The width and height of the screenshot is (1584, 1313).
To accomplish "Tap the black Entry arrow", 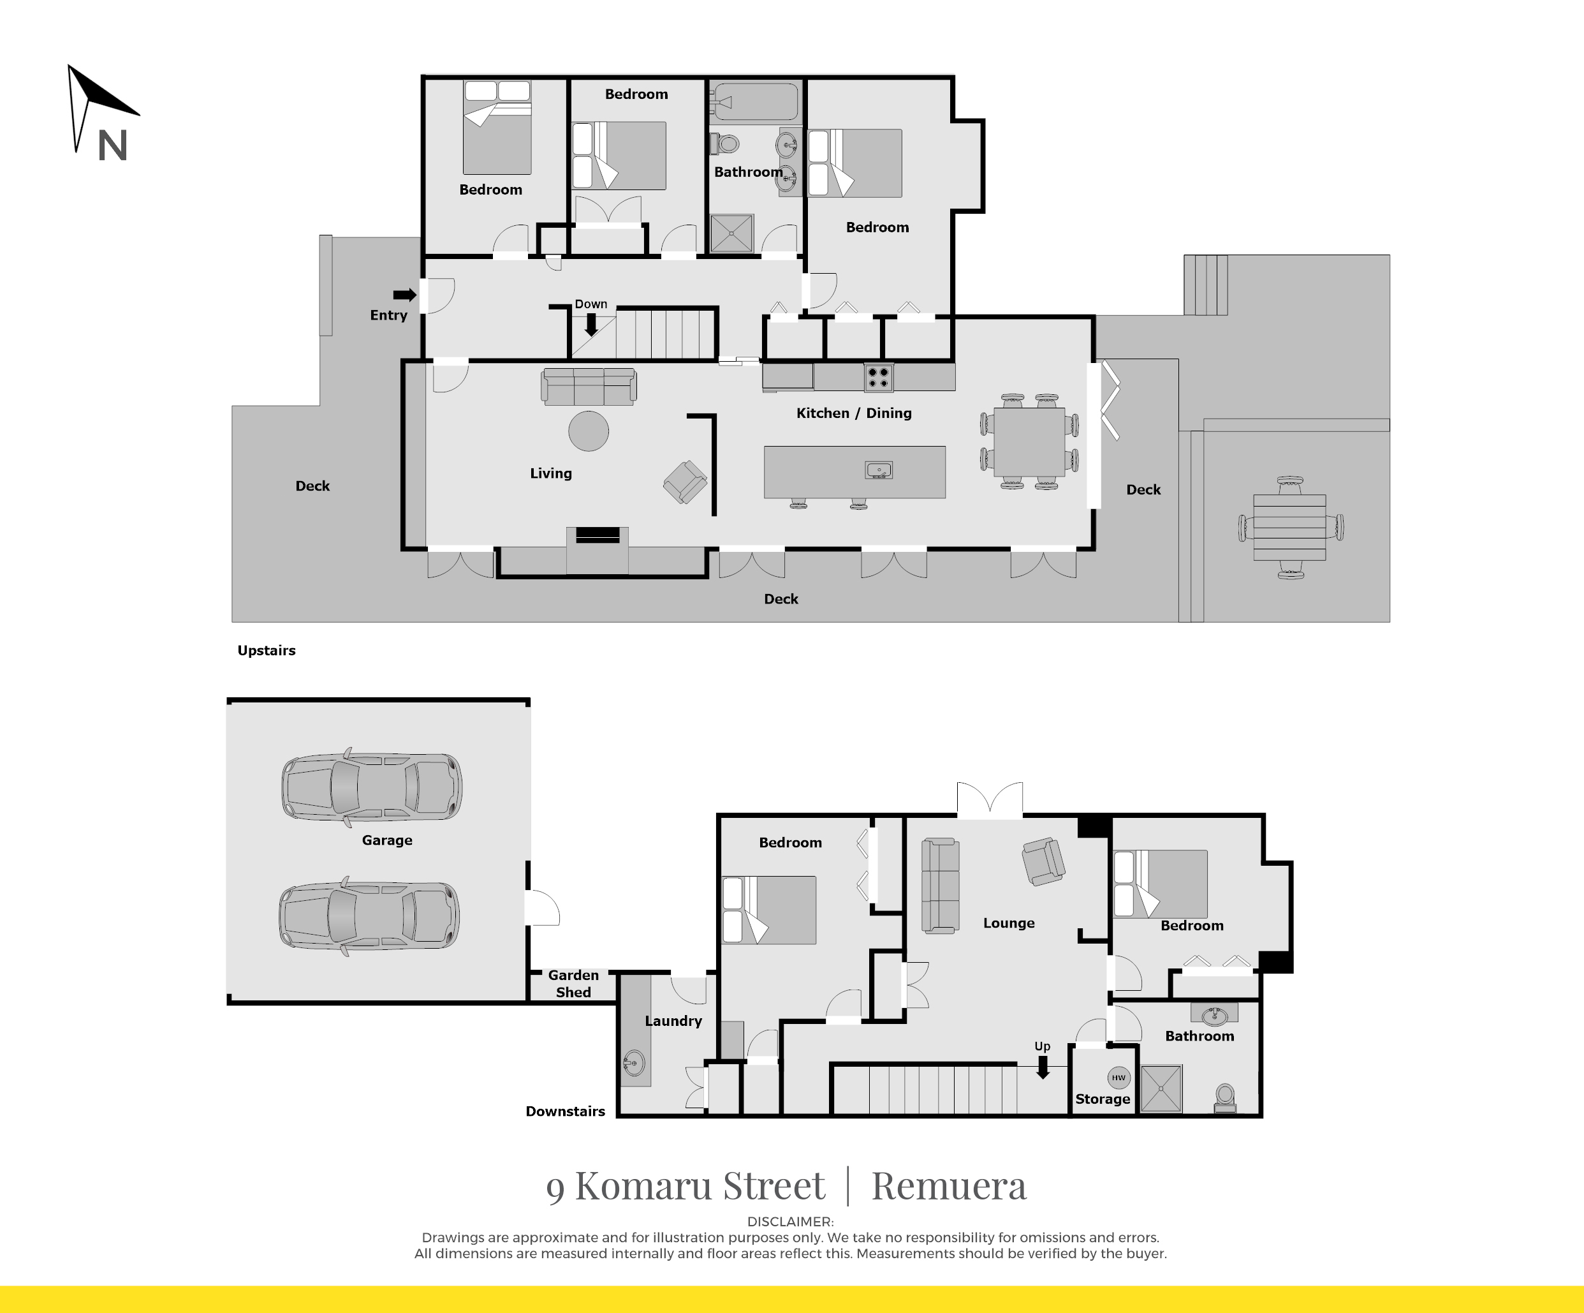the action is (x=405, y=295).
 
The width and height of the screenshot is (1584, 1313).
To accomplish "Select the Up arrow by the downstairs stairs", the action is (x=1043, y=1067).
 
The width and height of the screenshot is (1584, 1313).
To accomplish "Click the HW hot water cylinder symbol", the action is (x=1118, y=1078).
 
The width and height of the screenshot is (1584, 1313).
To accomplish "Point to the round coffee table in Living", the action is (x=589, y=431).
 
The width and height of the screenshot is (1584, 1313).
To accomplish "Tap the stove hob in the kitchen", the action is (x=878, y=377).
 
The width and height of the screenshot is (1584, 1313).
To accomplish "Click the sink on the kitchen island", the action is (x=879, y=470).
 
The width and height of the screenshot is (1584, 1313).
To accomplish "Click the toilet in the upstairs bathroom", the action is (x=725, y=143).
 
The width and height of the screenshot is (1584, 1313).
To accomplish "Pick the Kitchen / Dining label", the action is (x=854, y=413).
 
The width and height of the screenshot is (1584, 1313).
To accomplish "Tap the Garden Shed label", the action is (x=573, y=983).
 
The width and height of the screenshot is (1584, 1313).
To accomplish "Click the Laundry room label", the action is (x=673, y=1021).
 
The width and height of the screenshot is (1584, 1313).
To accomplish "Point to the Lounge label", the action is (x=1008, y=923).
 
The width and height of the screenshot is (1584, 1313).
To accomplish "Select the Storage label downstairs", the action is (x=1102, y=1099).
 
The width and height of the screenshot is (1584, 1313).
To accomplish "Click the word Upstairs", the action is (x=267, y=651).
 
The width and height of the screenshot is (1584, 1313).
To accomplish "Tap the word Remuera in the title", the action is (x=949, y=1185).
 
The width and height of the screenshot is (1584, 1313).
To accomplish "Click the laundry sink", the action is (x=634, y=1064).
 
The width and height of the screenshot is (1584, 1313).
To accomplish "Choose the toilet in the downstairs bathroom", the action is (x=1225, y=1098).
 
